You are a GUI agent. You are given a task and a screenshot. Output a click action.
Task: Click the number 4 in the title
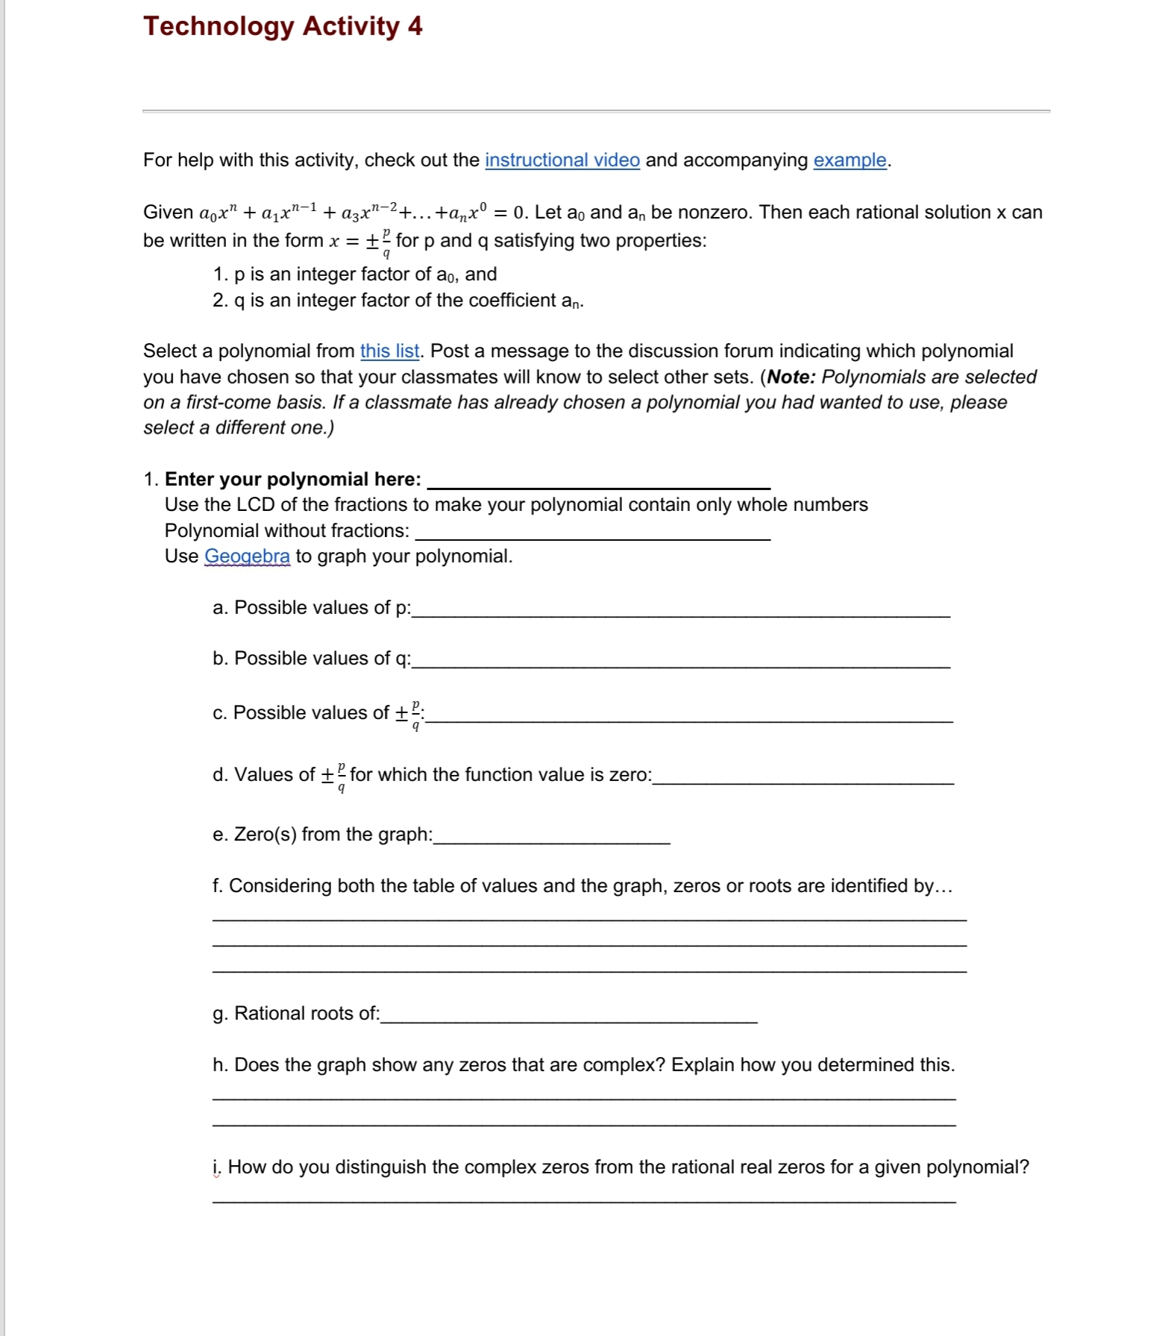(415, 26)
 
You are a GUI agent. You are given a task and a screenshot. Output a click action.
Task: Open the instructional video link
(562, 160)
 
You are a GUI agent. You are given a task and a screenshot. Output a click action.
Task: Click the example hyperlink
(850, 160)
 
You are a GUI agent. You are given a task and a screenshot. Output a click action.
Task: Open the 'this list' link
(389, 351)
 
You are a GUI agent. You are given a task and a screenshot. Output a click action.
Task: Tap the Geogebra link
(247, 556)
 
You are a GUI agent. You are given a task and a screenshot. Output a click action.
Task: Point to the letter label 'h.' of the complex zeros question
(219, 1064)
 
